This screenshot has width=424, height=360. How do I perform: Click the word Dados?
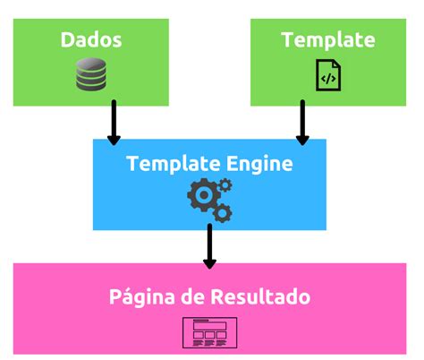point(91,40)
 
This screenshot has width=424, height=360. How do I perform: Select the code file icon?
point(327,74)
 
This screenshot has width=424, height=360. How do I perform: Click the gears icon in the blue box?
point(208,199)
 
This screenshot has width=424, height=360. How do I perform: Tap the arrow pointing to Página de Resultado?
point(209,246)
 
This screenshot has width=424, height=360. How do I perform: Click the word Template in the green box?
point(327,40)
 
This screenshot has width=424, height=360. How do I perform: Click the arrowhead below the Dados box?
point(114,139)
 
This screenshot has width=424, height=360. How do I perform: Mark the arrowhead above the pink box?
point(209,262)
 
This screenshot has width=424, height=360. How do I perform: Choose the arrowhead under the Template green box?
point(302,139)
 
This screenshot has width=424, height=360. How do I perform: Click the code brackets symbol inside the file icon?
point(327,78)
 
